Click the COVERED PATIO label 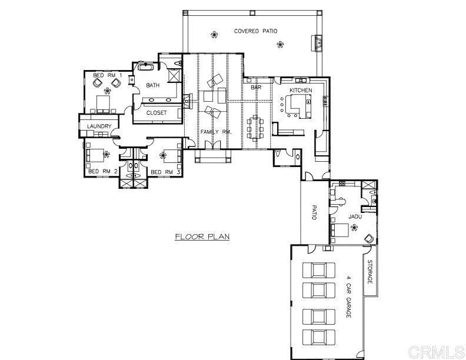click(x=255, y=31)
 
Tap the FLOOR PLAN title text click(x=202, y=237)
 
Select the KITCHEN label click(x=301, y=90)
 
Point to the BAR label click(x=256, y=88)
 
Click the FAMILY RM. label click(x=216, y=132)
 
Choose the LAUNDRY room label click(x=99, y=126)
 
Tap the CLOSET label click(x=157, y=112)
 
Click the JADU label click(x=354, y=216)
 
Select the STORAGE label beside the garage click(x=370, y=271)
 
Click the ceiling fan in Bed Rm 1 click(x=107, y=91)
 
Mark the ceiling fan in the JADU click(x=354, y=231)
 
